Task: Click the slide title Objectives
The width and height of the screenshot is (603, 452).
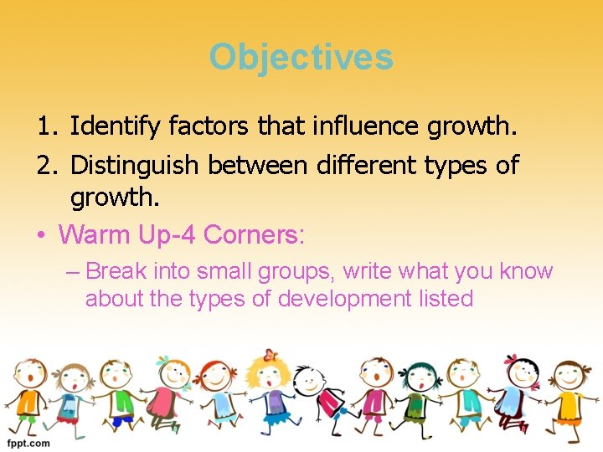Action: [301, 57]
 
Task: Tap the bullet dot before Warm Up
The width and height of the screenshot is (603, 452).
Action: [41, 234]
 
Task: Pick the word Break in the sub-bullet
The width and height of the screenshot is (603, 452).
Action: [116, 271]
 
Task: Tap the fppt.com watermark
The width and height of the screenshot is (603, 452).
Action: [28, 443]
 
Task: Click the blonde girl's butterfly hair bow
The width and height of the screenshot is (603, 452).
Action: [270, 355]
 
